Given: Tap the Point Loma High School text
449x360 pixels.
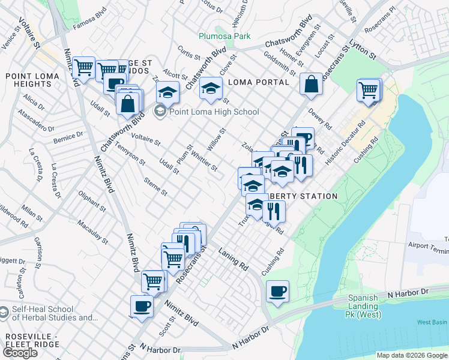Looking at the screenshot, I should tap(214, 112).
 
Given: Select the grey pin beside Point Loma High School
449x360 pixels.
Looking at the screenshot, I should tap(160, 111).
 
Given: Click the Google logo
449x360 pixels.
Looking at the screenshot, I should tap(20, 353).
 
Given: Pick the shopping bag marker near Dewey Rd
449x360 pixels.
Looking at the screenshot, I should tap(312, 85).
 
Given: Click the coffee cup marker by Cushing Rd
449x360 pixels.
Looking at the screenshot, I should tap(277, 292).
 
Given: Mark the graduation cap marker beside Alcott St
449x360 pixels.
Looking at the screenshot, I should tap(168, 92).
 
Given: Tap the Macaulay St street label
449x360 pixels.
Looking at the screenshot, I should tap(92, 232).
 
